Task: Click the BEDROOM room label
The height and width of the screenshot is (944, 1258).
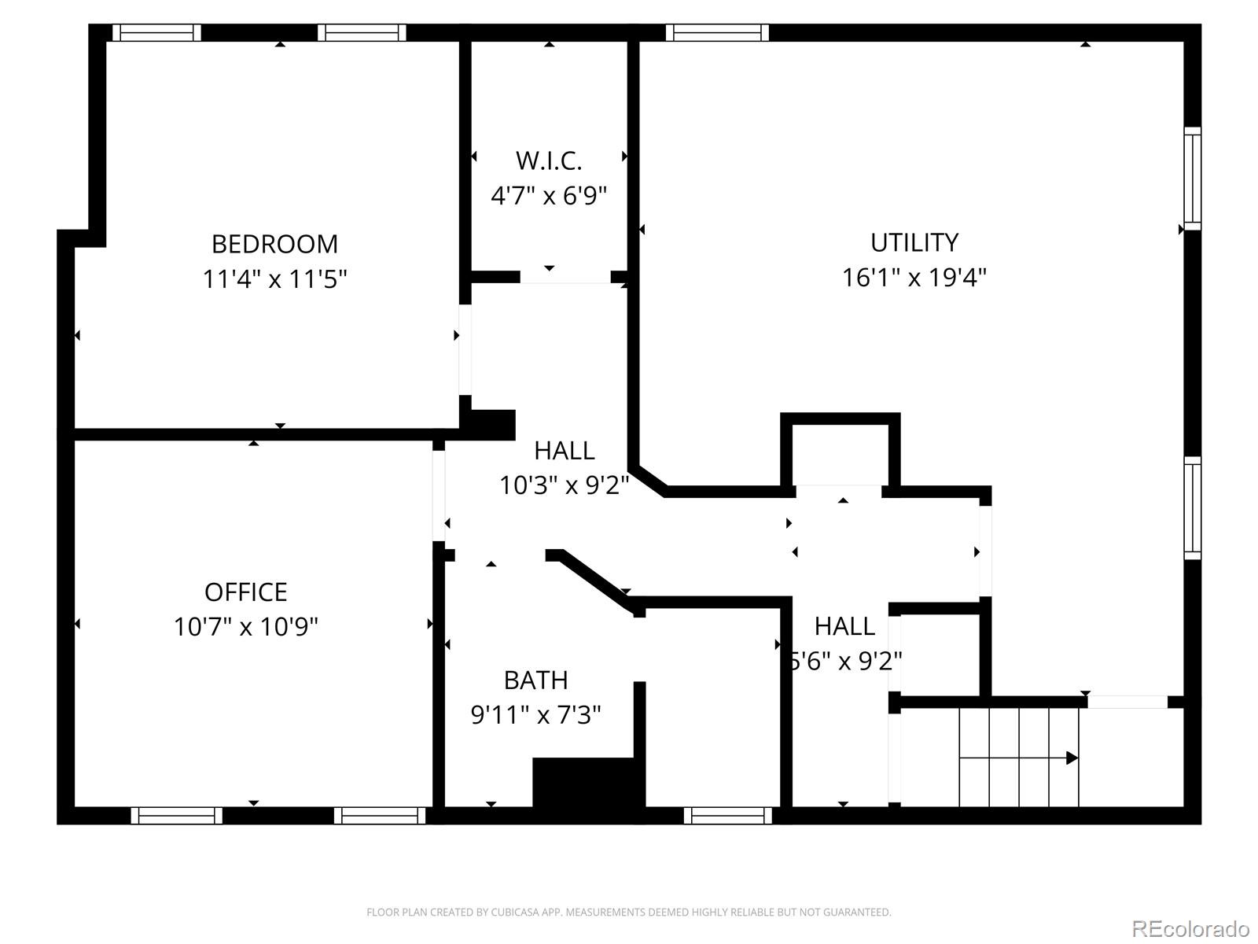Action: [274, 244]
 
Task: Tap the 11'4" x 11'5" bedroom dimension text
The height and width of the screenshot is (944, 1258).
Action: [274, 278]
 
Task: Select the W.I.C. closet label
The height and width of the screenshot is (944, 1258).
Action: [549, 160]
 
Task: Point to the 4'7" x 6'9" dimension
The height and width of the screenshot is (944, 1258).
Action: [549, 195]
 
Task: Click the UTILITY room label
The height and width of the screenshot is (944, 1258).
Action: [914, 242]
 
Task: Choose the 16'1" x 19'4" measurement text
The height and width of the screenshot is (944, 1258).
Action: [914, 277]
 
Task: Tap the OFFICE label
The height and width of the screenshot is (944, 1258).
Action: [245, 592]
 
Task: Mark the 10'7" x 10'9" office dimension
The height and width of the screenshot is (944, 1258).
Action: [245, 626]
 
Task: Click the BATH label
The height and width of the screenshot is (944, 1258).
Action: [535, 680]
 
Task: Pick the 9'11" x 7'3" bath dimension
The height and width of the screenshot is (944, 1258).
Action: [535, 714]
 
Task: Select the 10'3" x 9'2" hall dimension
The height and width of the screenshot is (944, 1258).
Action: [564, 485]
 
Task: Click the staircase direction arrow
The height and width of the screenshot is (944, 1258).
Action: [1071, 758]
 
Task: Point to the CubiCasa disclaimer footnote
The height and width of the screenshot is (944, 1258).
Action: [628, 913]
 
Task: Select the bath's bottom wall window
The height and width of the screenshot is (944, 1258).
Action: [727, 816]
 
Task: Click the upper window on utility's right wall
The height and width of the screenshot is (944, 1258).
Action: [1192, 179]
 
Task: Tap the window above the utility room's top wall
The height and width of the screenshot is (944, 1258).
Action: [717, 32]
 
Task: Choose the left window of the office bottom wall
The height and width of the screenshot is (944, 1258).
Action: [176, 816]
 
